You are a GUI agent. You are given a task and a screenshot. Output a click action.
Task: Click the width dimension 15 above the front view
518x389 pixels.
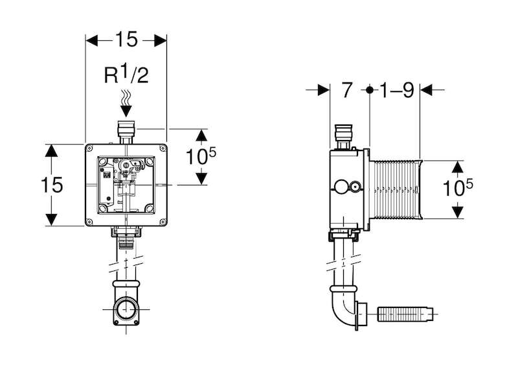pyautogui.click(x=126, y=40)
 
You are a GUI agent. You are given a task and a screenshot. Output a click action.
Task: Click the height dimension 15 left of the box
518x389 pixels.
pyautogui.click(x=52, y=185)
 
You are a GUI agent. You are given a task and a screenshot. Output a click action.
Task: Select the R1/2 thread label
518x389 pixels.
pyautogui.click(x=126, y=75)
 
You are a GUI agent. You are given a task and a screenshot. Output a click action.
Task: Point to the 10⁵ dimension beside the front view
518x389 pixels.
pyautogui.click(x=201, y=156)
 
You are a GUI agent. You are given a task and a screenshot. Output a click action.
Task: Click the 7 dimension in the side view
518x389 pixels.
pyautogui.click(x=346, y=89)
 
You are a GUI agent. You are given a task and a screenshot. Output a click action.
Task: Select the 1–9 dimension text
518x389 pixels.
pyautogui.click(x=396, y=89)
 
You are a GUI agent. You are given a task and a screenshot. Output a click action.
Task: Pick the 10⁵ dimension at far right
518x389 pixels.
pyautogui.click(x=458, y=187)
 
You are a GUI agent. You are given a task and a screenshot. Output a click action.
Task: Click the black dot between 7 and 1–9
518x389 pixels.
pyautogui.click(x=370, y=89)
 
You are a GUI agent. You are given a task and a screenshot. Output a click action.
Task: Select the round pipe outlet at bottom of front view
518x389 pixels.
pyautogui.click(x=126, y=309)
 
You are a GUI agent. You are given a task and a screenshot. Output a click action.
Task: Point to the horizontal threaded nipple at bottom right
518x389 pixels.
pyautogui.click(x=407, y=314)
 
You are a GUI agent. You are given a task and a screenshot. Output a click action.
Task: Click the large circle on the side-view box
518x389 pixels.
pyautogui.click(x=341, y=187)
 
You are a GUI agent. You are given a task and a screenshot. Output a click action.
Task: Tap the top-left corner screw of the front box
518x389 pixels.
pyautogui.click(x=89, y=148)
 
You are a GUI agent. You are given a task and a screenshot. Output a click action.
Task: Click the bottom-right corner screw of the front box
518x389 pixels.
pyautogui.click(x=163, y=222)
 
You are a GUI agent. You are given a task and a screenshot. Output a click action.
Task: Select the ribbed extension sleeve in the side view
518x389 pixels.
pyautogui.click(x=396, y=189)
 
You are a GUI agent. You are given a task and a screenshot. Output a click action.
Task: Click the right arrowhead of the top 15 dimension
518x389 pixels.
pyautogui.click(x=161, y=40)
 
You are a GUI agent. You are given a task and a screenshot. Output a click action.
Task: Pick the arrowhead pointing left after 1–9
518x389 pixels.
pyautogui.click(x=426, y=89)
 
